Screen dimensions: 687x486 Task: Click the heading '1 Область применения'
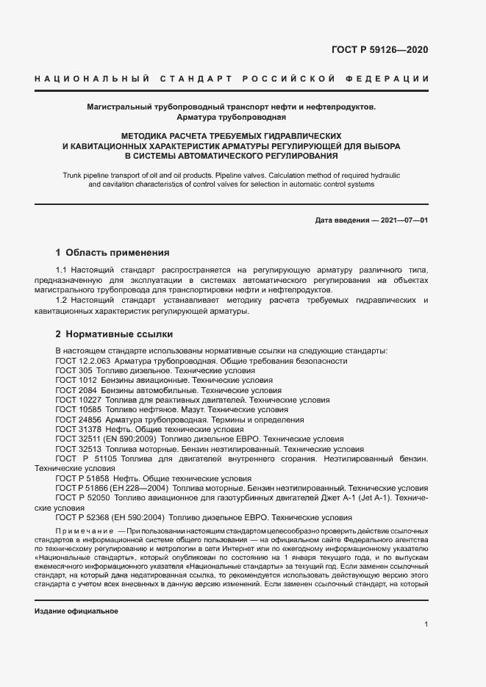[x=112, y=252]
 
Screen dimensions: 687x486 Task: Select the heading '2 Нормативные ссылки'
[x=110, y=334]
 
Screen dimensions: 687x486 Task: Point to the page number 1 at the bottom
[x=426, y=624]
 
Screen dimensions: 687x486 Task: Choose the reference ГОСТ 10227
[x=76, y=400]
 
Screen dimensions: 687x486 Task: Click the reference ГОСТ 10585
[x=76, y=410]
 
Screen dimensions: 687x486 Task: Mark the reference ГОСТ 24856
[x=76, y=420]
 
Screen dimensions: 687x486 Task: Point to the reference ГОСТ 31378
[x=76, y=429]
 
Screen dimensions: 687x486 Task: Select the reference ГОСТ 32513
[x=76, y=448]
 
